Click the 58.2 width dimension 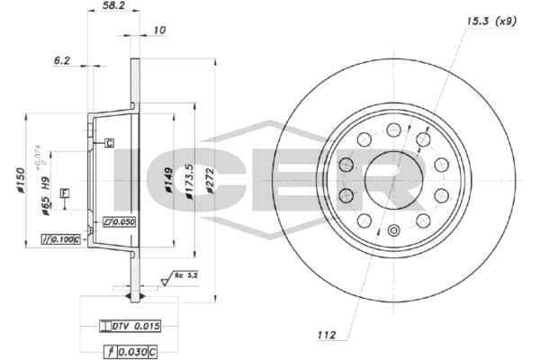(112, 6)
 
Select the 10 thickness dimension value (160, 31)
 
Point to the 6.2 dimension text (62, 61)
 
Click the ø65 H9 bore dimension (45, 193)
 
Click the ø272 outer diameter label (211, 183)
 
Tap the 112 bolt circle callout (327, 336)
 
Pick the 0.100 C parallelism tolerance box (62, 238)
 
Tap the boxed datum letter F (64, 193)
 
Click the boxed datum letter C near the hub (109, 142)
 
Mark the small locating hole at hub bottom (392, 229)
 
